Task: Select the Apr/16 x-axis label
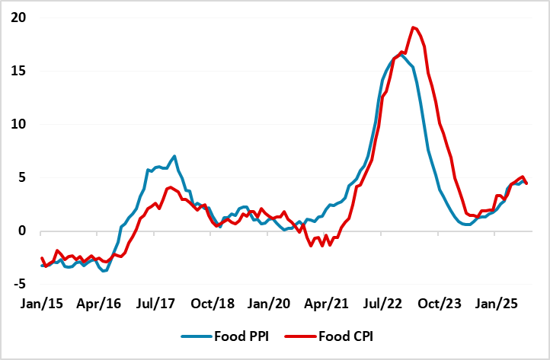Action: point(99,303)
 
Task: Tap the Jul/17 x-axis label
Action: point(156,303)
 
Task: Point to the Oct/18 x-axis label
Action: point(213,303)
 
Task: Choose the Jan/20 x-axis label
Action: point(270,303)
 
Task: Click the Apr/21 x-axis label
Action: point(327,303)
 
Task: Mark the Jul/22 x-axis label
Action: point(383,303)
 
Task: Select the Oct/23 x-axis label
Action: point(440,303)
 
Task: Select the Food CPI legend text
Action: point(347,335)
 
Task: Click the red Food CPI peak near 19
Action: point(413,27)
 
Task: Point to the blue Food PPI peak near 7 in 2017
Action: point(175,156)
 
